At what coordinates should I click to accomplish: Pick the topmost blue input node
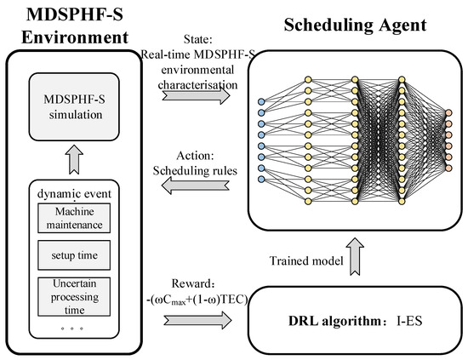(x=261, y=102)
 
